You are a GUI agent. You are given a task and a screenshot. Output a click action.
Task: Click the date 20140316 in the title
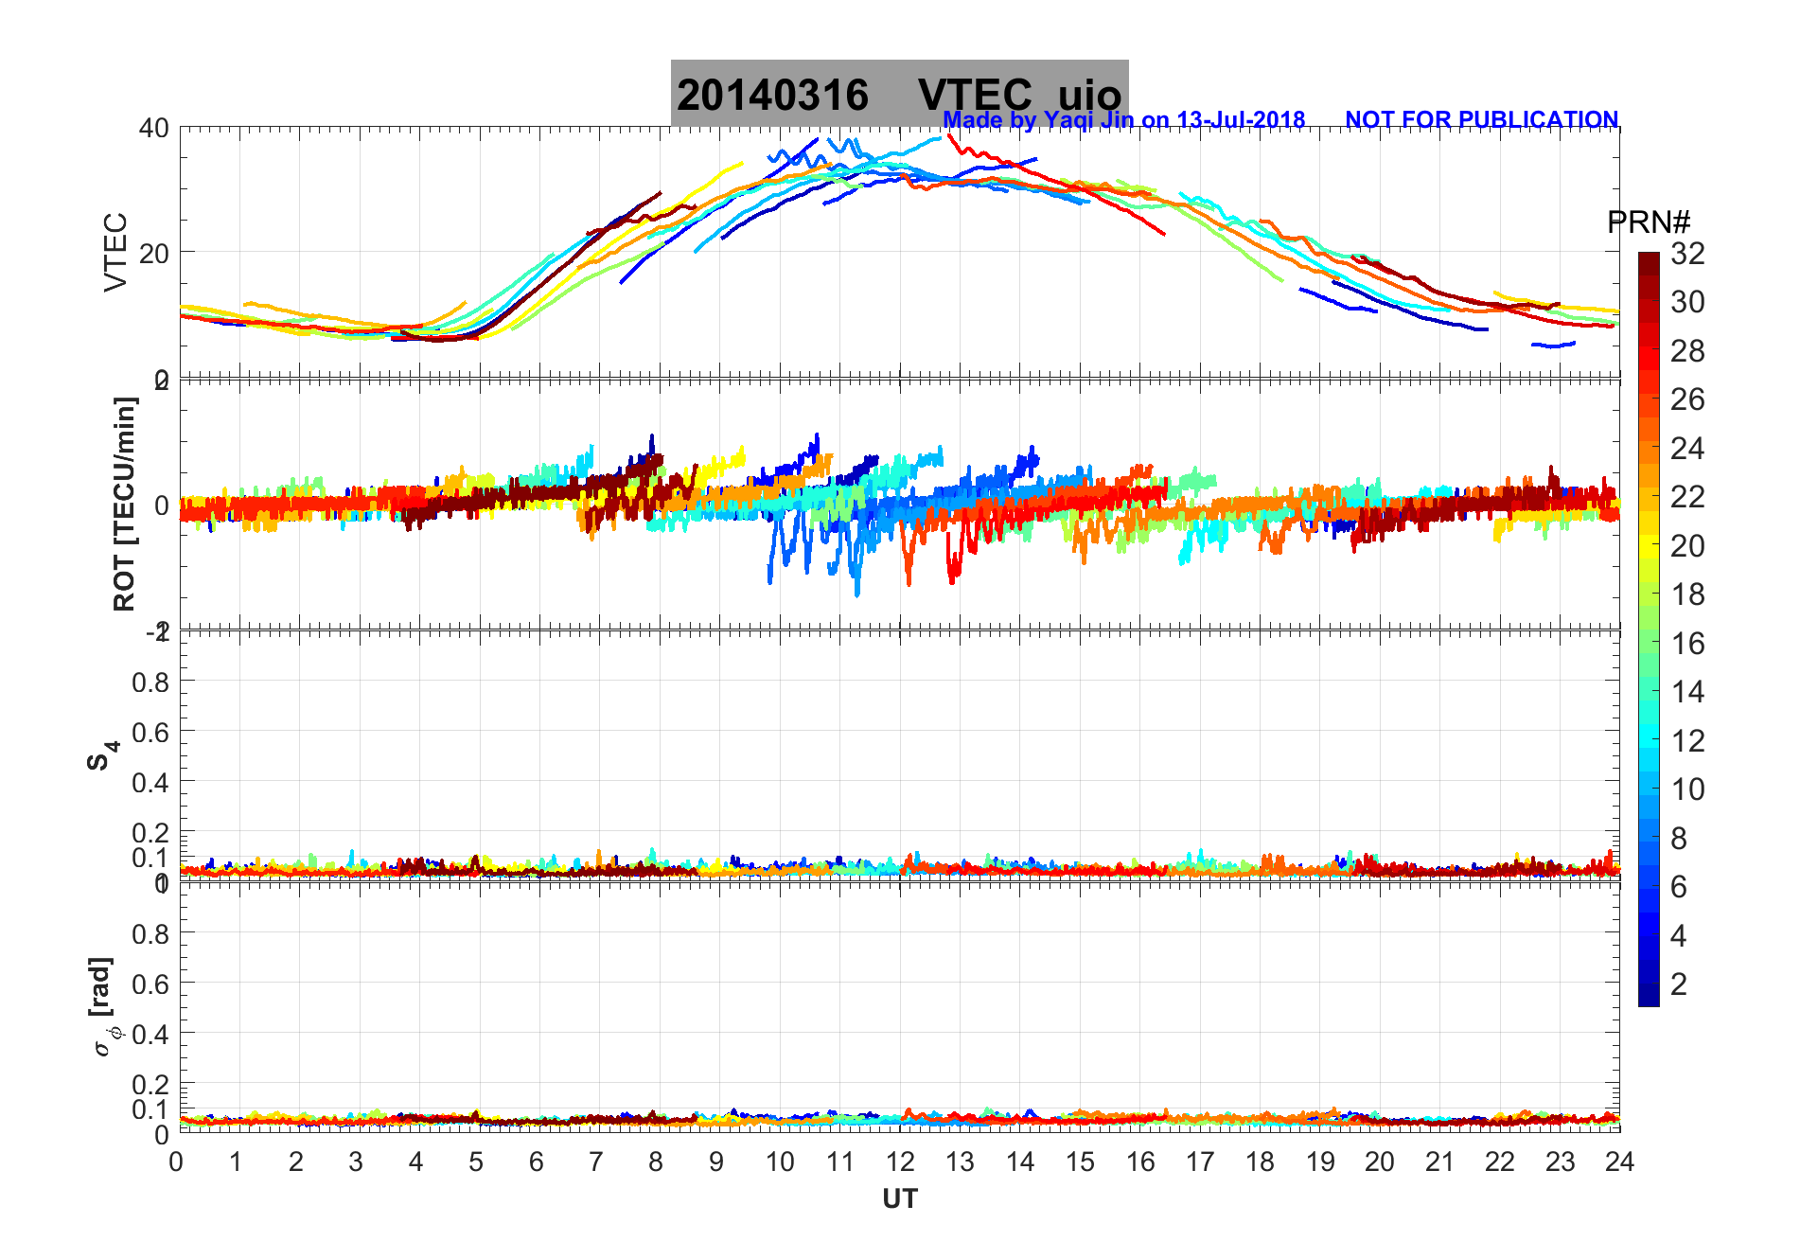click(x=772, y=96)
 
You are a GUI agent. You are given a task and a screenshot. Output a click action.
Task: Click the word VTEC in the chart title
click(x=975, y=96)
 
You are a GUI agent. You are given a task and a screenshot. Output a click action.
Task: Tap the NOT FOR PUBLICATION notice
click(x=1481, y=120)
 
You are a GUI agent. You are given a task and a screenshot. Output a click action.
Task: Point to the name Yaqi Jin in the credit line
click(x=1087, y=120)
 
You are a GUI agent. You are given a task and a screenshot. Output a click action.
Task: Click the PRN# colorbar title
click(x=1648, y=222)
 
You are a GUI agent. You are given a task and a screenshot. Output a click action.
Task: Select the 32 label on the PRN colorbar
click(x=1687, y=254)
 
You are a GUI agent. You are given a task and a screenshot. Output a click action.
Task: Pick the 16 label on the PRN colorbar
click(x=1687, y=644)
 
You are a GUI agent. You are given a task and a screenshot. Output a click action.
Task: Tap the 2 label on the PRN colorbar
click(x=1679, y=984)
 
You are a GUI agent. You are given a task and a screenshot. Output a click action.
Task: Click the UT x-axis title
click(x=899, y=1199)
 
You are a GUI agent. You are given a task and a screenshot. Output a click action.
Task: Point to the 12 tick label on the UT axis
click(x=900, y=1161)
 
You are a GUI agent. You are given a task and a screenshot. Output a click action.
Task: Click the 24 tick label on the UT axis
click(x=1619, y=1161)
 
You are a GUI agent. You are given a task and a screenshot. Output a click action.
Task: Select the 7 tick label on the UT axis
click(x=596, y=1161)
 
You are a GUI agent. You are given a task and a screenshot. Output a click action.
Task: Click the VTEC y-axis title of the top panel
click(x=115, y=252)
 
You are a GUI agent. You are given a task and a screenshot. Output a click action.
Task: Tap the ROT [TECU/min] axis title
click(x=124, y=504)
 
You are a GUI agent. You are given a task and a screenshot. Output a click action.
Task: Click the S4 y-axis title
click(x=103, y=755)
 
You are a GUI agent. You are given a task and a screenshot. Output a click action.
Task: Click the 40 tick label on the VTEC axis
click(x=154, y=128)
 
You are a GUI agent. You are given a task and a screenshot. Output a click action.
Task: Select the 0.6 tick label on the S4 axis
click(x=150, y=732)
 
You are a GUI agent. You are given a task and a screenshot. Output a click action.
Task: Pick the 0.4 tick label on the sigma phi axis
click(x=150, y=1034)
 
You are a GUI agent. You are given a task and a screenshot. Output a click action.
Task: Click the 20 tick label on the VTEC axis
click(x=154, y=253)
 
